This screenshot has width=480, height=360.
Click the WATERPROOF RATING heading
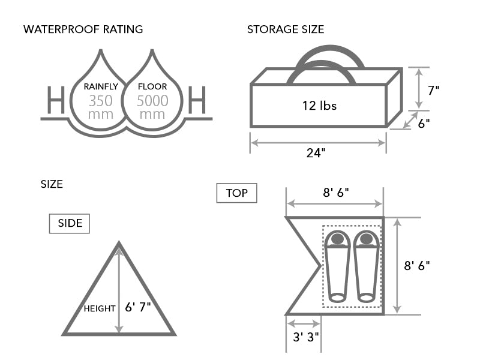click(83, 29)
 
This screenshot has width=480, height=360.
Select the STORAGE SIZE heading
click(286, 29)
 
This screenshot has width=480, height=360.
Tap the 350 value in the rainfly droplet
click(100, 100)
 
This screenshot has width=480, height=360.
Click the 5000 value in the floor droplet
click(152, 100)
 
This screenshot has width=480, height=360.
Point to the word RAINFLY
click(100, 86)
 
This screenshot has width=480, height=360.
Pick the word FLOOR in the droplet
click(152, 86)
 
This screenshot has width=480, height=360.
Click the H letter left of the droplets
click(55, 100)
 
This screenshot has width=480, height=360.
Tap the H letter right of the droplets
click(197, 100)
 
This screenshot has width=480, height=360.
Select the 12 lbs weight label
click(319, 106)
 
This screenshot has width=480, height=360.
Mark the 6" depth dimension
click(424, 123)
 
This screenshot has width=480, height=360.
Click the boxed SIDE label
click(70, 224)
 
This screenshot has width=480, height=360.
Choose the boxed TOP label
click(236, 193)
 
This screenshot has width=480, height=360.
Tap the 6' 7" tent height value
click(139, 308)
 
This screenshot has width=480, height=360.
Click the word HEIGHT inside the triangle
click(100, 308)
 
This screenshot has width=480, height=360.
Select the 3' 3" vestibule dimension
click(305, 337)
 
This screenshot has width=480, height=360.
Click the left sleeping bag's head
click(337, 239)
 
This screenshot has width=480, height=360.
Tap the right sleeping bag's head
click(365, 239)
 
